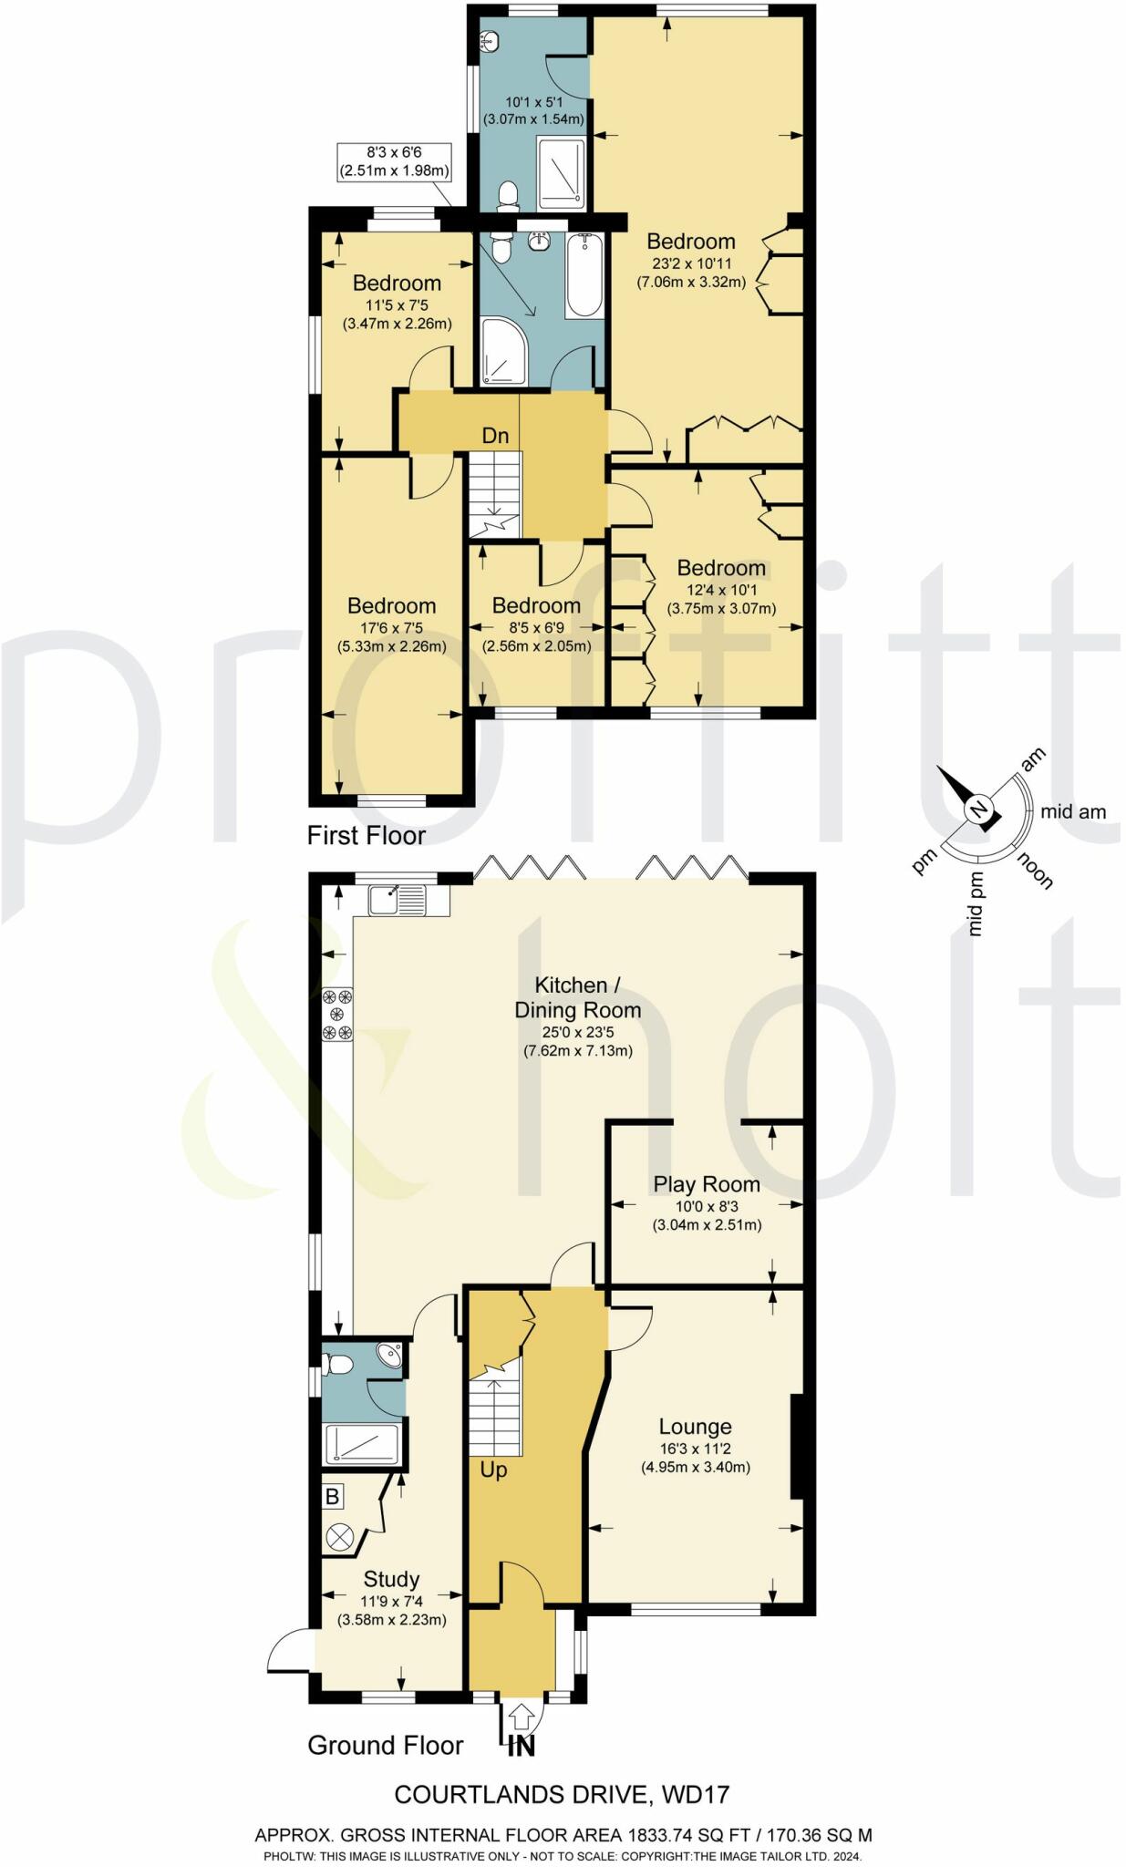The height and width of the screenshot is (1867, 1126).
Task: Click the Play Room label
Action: [706, 1184]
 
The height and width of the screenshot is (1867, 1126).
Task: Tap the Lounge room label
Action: [695, 1427]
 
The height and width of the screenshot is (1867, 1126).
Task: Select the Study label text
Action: [391, 1579]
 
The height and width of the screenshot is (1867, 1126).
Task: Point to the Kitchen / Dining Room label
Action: [578, 997]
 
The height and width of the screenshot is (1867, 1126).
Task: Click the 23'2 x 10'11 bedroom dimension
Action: [691, 263]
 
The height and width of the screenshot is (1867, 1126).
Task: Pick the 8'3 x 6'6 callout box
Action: [394, 162]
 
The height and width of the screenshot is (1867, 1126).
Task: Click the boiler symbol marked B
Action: [333, 1496]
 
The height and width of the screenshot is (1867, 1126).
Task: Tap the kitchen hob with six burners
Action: [338, 1014]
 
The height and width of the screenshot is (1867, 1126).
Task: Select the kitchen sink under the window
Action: [398, 899]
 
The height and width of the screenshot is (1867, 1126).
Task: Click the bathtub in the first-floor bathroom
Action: [584, 275]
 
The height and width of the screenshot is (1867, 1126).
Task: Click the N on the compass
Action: [978, 809]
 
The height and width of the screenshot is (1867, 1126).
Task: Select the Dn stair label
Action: [495, 436]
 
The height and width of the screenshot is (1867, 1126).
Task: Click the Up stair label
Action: [493, 1470]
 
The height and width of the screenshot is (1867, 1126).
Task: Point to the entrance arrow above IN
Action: [520, 1717]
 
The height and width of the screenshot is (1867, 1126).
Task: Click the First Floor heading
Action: [366, 835]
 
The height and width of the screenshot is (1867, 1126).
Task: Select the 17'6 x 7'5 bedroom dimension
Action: [392, 627]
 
